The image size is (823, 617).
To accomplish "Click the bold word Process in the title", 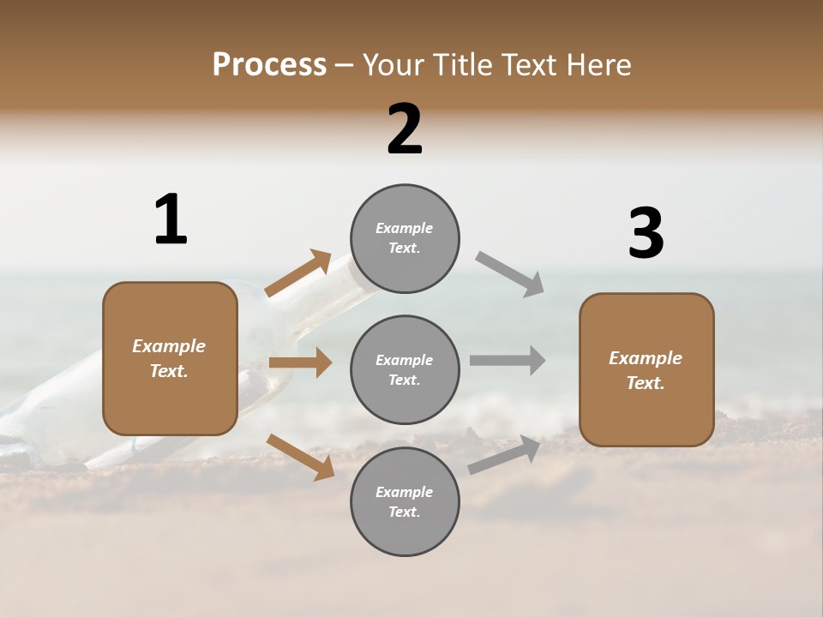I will [269, 65].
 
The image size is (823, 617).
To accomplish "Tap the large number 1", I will [171, 219].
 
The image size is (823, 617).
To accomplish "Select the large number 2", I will [405, 129].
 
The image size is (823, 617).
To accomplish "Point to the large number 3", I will [646, 234].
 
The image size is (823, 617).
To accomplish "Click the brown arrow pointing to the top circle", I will [299, 273].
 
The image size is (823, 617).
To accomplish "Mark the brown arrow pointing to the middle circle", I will [300, 362].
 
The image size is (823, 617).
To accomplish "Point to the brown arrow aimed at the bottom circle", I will [300, 457].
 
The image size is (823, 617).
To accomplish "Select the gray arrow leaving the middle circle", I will [508, 360].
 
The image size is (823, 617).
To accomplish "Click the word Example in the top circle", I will [405, 228].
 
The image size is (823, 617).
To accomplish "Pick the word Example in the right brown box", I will [646, 358].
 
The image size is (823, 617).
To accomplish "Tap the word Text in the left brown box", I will [168, 371].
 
